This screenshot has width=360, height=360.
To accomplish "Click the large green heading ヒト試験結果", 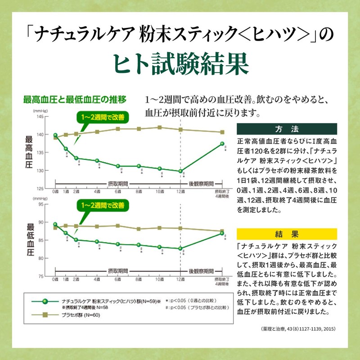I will (180, 64).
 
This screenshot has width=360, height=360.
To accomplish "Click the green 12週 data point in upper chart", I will (180, 171).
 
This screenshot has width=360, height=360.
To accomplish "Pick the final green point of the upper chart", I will (222, 144).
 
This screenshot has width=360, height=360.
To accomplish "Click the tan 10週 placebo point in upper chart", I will (159, 127).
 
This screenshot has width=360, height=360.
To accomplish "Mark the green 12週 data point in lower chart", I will (180, 248).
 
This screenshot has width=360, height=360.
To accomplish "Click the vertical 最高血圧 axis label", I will (30, 153).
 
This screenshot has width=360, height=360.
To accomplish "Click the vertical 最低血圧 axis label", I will (30, 240).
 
